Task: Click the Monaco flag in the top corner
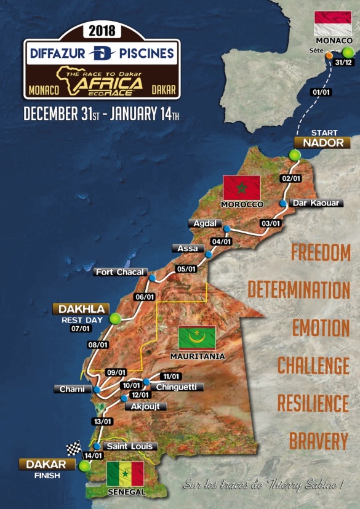pyautogui.click(x=332, y=25)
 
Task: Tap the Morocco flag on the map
pyautogui.click(x=242, y=187)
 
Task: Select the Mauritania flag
pyautogui.click(x=197, y=339)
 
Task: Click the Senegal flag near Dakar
pyautogui.click(x=125, y=473)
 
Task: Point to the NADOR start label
pyautogui.click(x=322, y=142)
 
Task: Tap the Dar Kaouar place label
pyautogui.click(x=316, y=203)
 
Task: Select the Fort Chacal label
pyautogui.click(x=119, y=272)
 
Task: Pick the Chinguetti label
pyautogui.click(x=177, y=387)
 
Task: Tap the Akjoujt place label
pyautogui.click(x=145, y=406)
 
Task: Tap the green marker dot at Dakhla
pyautogui.click(x=114, y=318)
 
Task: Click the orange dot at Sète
pyautogui.click(x=329, y=55)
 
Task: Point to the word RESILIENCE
pyautogui.click(x=313, y=404)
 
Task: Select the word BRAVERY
pyautogui.click(x=319, y=441)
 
